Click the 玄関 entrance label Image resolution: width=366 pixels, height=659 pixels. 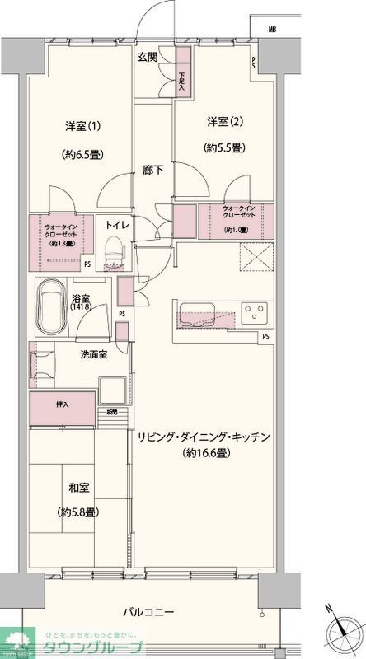148,57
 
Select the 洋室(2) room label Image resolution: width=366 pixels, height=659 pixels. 223,122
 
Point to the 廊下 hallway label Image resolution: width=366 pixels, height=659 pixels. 152,170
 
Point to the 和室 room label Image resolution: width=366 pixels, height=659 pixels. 79,486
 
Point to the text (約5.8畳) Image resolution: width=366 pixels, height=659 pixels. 79,512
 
